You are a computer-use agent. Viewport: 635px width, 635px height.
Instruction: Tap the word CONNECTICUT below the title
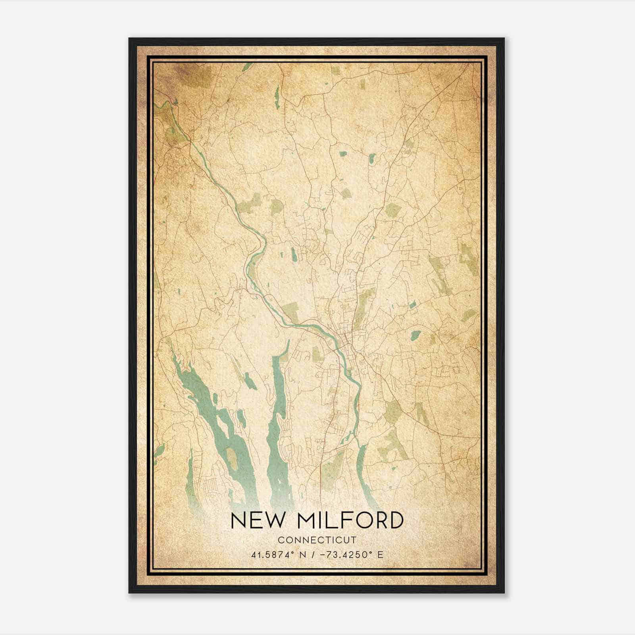[x=317, y=540]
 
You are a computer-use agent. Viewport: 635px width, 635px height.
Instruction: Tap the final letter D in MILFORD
[x=395, y=520]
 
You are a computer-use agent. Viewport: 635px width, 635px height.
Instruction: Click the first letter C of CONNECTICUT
[x=281, y=540]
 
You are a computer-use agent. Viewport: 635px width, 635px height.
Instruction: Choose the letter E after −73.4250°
[x=381, y=554]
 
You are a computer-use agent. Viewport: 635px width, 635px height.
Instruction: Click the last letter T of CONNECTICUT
[x=354, y=540]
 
